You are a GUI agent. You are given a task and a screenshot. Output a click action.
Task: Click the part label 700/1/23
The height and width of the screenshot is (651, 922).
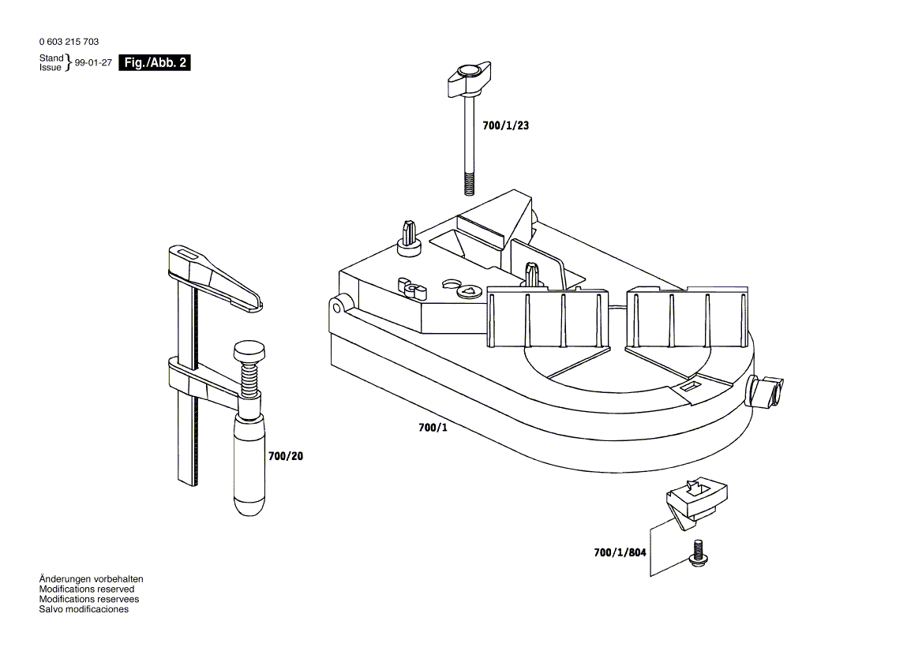pyautogui.click(x=505, y=125)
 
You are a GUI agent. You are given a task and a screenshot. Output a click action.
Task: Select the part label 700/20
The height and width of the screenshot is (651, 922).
pyautogui.click(x=285, y=456)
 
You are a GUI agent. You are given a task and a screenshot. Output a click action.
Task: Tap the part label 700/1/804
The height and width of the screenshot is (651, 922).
pyautogui.click(x=620, y=553)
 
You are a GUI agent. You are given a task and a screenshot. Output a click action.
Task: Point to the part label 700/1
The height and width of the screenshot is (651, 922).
pyautogui.click(x=433, y=428)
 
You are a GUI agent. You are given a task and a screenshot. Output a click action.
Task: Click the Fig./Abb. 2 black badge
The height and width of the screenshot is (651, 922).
pyautogui.click(x=154, y=63)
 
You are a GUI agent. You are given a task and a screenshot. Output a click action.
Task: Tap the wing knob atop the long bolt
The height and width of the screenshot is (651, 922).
pyautogui.click(x=469, y=76)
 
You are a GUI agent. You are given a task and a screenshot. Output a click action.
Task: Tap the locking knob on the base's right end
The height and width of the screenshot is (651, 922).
pyautogui.click(x=766, y=391)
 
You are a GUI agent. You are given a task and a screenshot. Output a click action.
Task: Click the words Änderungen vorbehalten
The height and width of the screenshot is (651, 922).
pyautogui.click(x=91, y=579)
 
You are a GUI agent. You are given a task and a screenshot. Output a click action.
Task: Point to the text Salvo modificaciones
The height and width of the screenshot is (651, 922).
pyautogui.click(x=83, y=609)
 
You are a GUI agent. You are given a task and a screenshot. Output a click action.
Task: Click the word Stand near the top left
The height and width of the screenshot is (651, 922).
pyautogui.click(x=51, y=58)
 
